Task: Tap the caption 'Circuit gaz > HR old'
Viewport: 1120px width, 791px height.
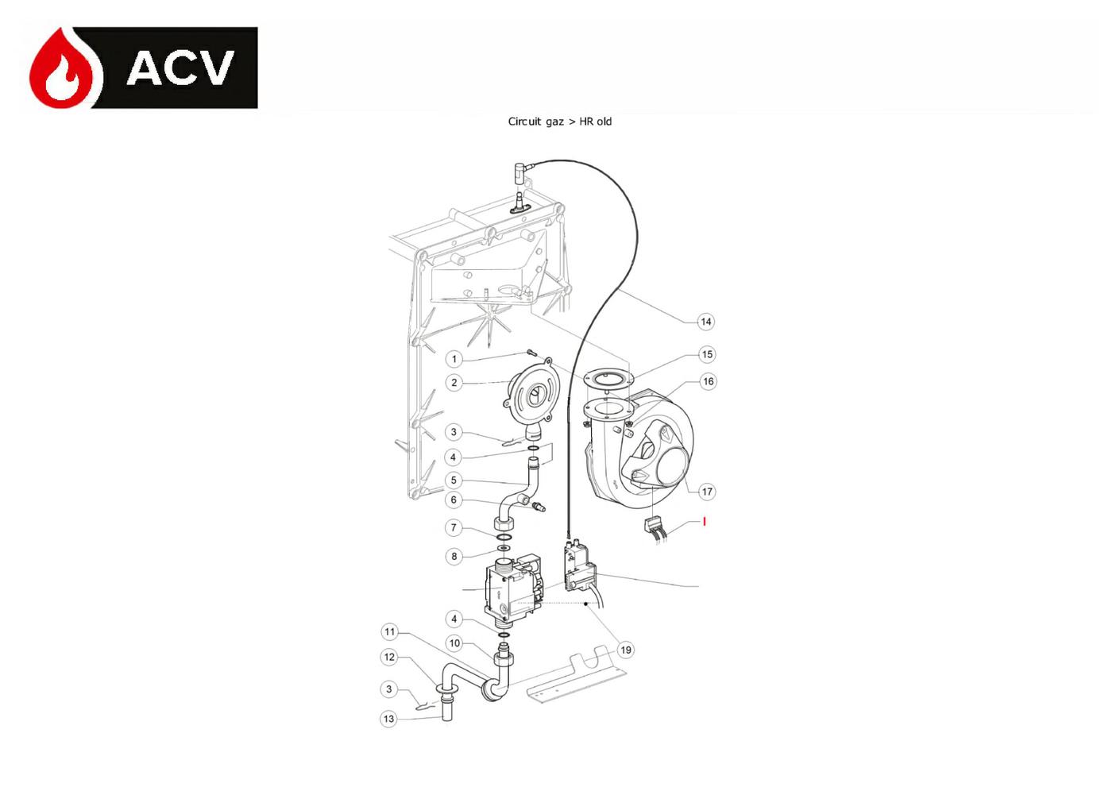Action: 559,122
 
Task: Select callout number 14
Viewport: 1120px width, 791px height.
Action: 706,322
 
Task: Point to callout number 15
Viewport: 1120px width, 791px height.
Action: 707,354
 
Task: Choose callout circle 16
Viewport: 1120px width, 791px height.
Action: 708,381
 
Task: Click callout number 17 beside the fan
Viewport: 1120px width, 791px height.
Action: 707,492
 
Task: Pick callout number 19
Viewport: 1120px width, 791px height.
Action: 626,650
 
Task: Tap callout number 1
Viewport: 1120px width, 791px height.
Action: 454,359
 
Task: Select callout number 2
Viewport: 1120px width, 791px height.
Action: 454,383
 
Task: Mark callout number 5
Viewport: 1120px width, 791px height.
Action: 454,480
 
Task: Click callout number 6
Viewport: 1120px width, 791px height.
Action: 454,500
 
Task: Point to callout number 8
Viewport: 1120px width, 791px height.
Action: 454,556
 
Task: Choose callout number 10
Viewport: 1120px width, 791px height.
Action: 454,643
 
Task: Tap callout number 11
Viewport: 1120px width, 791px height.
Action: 389,632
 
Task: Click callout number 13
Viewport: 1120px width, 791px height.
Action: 389,719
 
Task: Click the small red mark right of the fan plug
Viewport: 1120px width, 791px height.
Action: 705,522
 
